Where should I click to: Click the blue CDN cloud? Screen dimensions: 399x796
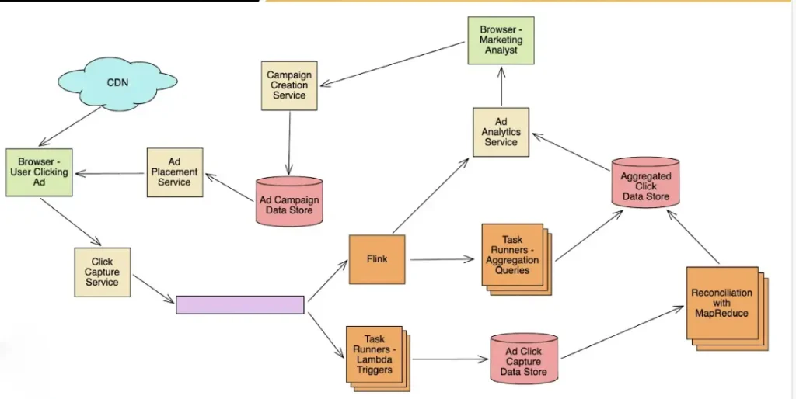[x=117, y=82]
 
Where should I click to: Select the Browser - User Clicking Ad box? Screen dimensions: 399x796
[x=39, y=172]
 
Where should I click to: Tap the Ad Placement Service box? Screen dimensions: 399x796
[x=174, y=172]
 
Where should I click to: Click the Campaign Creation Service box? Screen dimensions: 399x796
[x=289, y=85]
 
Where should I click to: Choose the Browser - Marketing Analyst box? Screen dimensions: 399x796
[x=501, y=40]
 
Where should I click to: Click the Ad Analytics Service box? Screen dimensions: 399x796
[x=501, y=132]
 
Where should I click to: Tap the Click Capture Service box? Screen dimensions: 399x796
[x=102, y=272]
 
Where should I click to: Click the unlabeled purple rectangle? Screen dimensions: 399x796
[x=239, y=304]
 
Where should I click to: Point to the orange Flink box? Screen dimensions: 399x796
[x=377, y=258]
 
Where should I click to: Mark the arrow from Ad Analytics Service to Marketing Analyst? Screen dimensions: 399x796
[x=501, y=86]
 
